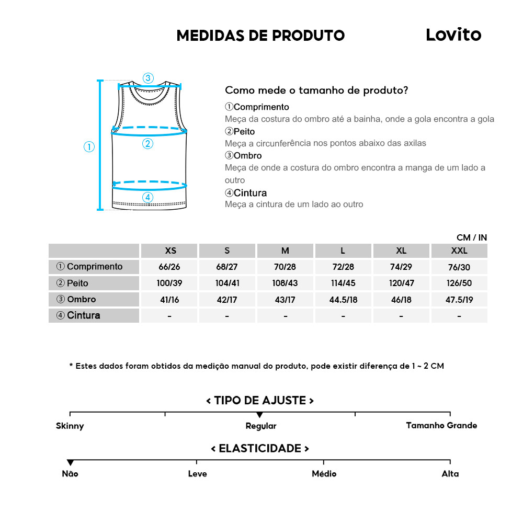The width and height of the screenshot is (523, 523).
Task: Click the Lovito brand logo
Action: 453,35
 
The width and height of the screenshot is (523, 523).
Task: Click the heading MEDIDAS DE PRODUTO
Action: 260,36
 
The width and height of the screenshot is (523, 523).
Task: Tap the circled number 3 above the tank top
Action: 148,78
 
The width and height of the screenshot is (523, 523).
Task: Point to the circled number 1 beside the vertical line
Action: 89,147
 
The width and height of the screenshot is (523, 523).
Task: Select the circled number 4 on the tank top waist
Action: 148,197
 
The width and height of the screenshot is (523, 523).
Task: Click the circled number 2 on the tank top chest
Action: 147,143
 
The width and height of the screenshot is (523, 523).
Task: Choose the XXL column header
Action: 459,251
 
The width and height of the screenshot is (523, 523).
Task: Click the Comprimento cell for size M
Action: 285,267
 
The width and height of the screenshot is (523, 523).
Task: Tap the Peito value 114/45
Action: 344,283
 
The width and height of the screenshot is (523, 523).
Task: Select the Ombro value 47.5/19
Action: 459,300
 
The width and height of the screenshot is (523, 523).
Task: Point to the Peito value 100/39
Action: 169,283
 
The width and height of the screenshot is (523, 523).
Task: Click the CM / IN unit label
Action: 471,237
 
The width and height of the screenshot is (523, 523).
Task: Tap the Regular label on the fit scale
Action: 261,426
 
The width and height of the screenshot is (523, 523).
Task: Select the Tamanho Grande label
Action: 441,425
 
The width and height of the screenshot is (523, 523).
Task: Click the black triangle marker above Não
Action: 70,463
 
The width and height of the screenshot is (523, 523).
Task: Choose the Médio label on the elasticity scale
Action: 324,474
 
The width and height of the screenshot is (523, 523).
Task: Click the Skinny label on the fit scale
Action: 70,426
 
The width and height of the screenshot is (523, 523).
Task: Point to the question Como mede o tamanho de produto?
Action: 316,90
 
